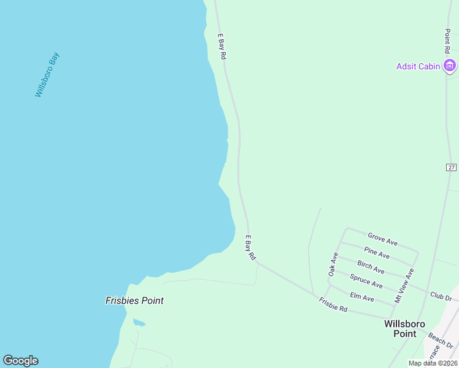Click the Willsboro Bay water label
coord(47,75)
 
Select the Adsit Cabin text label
coord(418,66)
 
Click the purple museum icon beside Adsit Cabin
coord(450,66)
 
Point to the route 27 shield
coord(451,167)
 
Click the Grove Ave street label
coord(382,239)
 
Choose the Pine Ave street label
coord(377,253)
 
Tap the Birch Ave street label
coord(371,267)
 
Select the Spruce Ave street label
coord(366,282)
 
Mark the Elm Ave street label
coord(361,297)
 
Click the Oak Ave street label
coord(333,263)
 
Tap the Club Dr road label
coord(441,297)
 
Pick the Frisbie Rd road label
coord(333,304)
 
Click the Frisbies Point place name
coord(134,301)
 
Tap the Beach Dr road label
coord(440,339)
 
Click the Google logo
coord(20,361)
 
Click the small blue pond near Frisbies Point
coord(139,323)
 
